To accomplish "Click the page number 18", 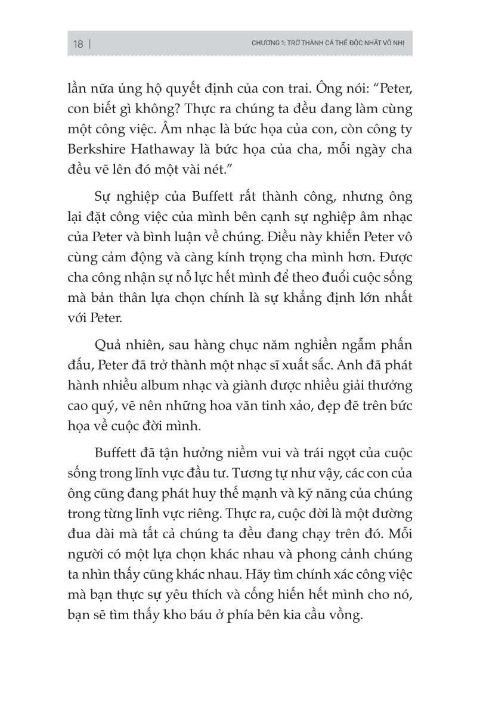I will [x=78, y=44].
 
